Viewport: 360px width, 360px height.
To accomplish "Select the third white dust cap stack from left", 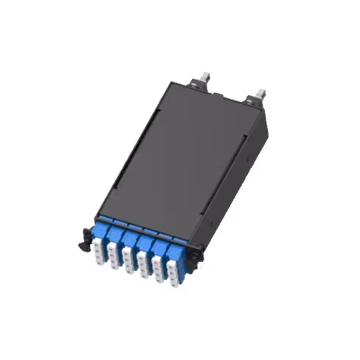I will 128,258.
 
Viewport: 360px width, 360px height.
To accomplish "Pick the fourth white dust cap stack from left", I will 143,264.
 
